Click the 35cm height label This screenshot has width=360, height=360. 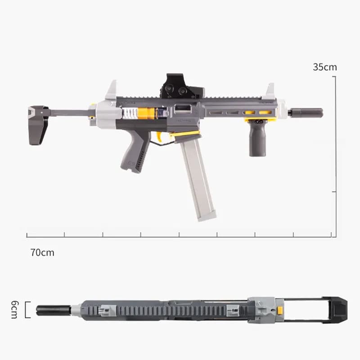[324, 67]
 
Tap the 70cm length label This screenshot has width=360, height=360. [42, 252]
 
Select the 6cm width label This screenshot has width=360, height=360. [14, 310]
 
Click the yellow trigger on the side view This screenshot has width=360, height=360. [160, 136]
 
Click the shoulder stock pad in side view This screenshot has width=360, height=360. [38, 126]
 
